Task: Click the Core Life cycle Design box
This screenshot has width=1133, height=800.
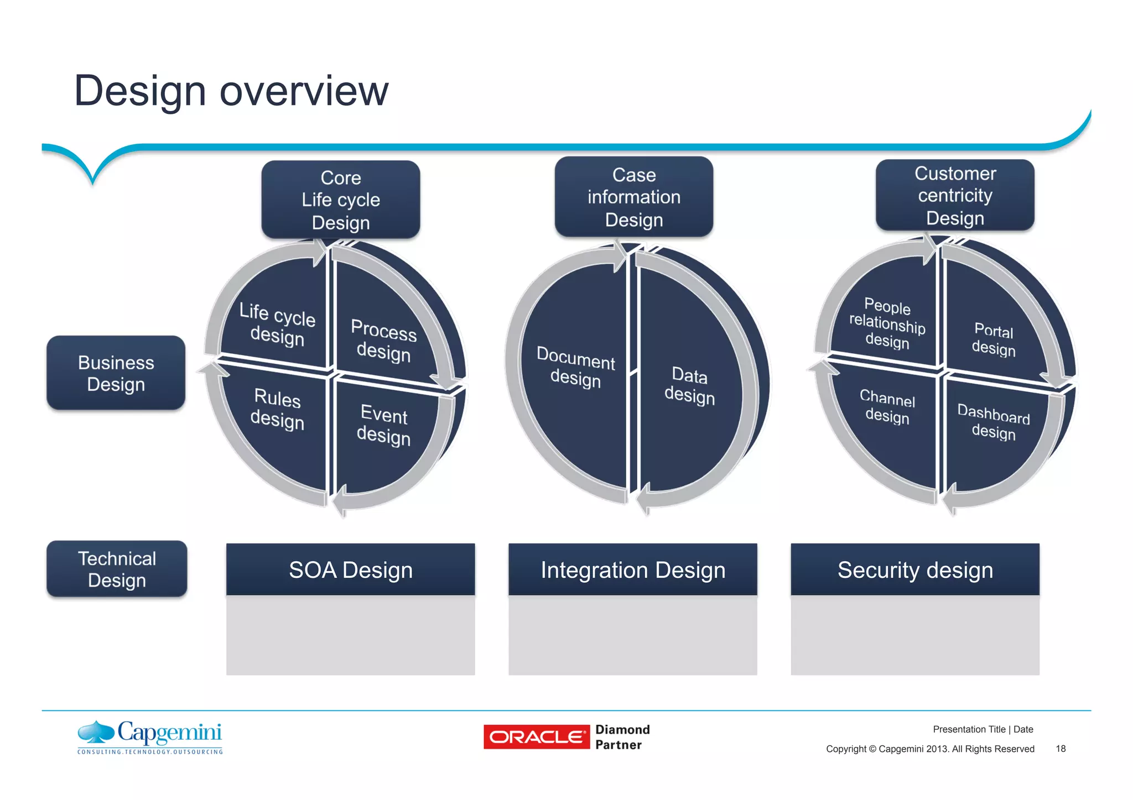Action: [340, 200]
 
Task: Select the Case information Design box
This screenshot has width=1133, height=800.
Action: [633, 197]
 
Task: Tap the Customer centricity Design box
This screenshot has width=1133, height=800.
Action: [955, 195]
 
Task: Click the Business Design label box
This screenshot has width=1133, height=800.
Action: [116, 373]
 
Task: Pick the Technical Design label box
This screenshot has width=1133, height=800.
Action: [117, 569]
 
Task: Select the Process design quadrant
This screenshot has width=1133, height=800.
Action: [383, 340]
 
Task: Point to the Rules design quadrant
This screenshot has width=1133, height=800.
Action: [278, 409]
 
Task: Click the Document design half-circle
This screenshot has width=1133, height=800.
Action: [575, 368]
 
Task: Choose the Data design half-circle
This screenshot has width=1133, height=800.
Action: [689, 385]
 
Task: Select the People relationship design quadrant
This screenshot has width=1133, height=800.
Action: [887, 323]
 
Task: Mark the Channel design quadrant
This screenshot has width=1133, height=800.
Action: [887, 406]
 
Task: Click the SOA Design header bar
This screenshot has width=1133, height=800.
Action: [350, 569]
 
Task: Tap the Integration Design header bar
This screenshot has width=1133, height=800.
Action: [632, 569]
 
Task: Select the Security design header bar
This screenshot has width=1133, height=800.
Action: [915, 569]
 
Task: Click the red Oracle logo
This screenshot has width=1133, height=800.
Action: [536, 737]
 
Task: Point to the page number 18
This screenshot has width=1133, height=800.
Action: [1060, 749]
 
